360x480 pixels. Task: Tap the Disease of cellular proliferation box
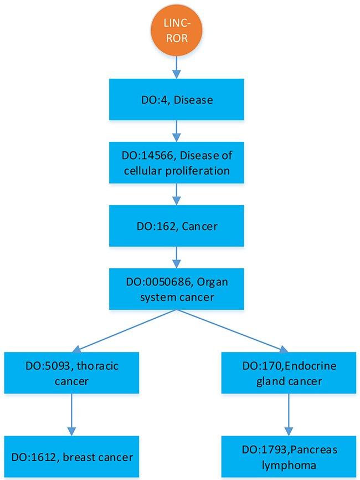coord(176,163)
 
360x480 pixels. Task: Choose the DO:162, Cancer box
coord(176,226)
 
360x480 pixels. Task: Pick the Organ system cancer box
coord(176,289)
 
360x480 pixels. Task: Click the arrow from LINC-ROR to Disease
coord(176,67)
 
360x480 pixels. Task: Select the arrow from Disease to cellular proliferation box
coord(176,131)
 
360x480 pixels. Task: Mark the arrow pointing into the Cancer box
coord(176,195)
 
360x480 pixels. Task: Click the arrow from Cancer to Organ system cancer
coord(176,258)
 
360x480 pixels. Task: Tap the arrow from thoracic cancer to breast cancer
coord(70,415)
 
